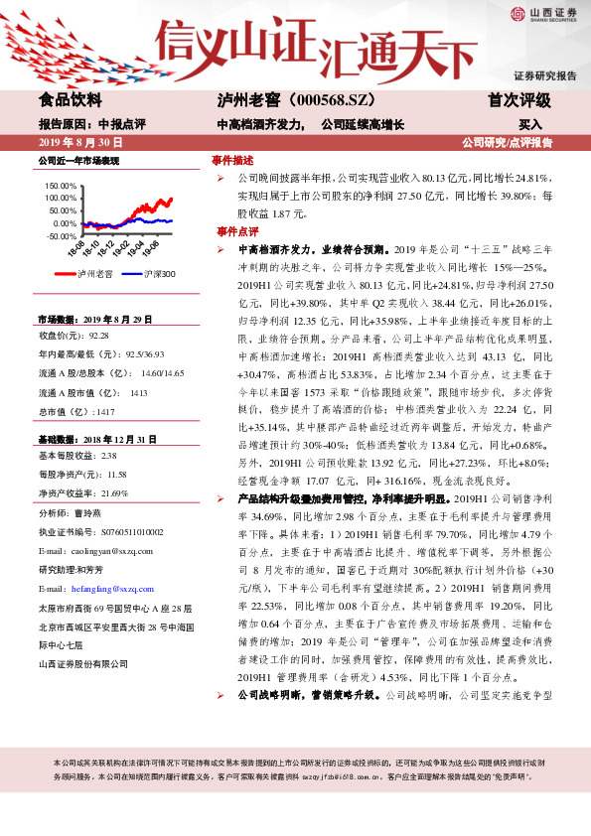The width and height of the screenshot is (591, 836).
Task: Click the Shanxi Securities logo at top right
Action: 541,14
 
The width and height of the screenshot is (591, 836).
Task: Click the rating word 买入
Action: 530,125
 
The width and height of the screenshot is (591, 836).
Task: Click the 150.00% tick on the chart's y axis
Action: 62,186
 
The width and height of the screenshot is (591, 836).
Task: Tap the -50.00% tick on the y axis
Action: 62,236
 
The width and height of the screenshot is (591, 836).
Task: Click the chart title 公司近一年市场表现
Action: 77,160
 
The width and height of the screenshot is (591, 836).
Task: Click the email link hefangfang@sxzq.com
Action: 114,588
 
